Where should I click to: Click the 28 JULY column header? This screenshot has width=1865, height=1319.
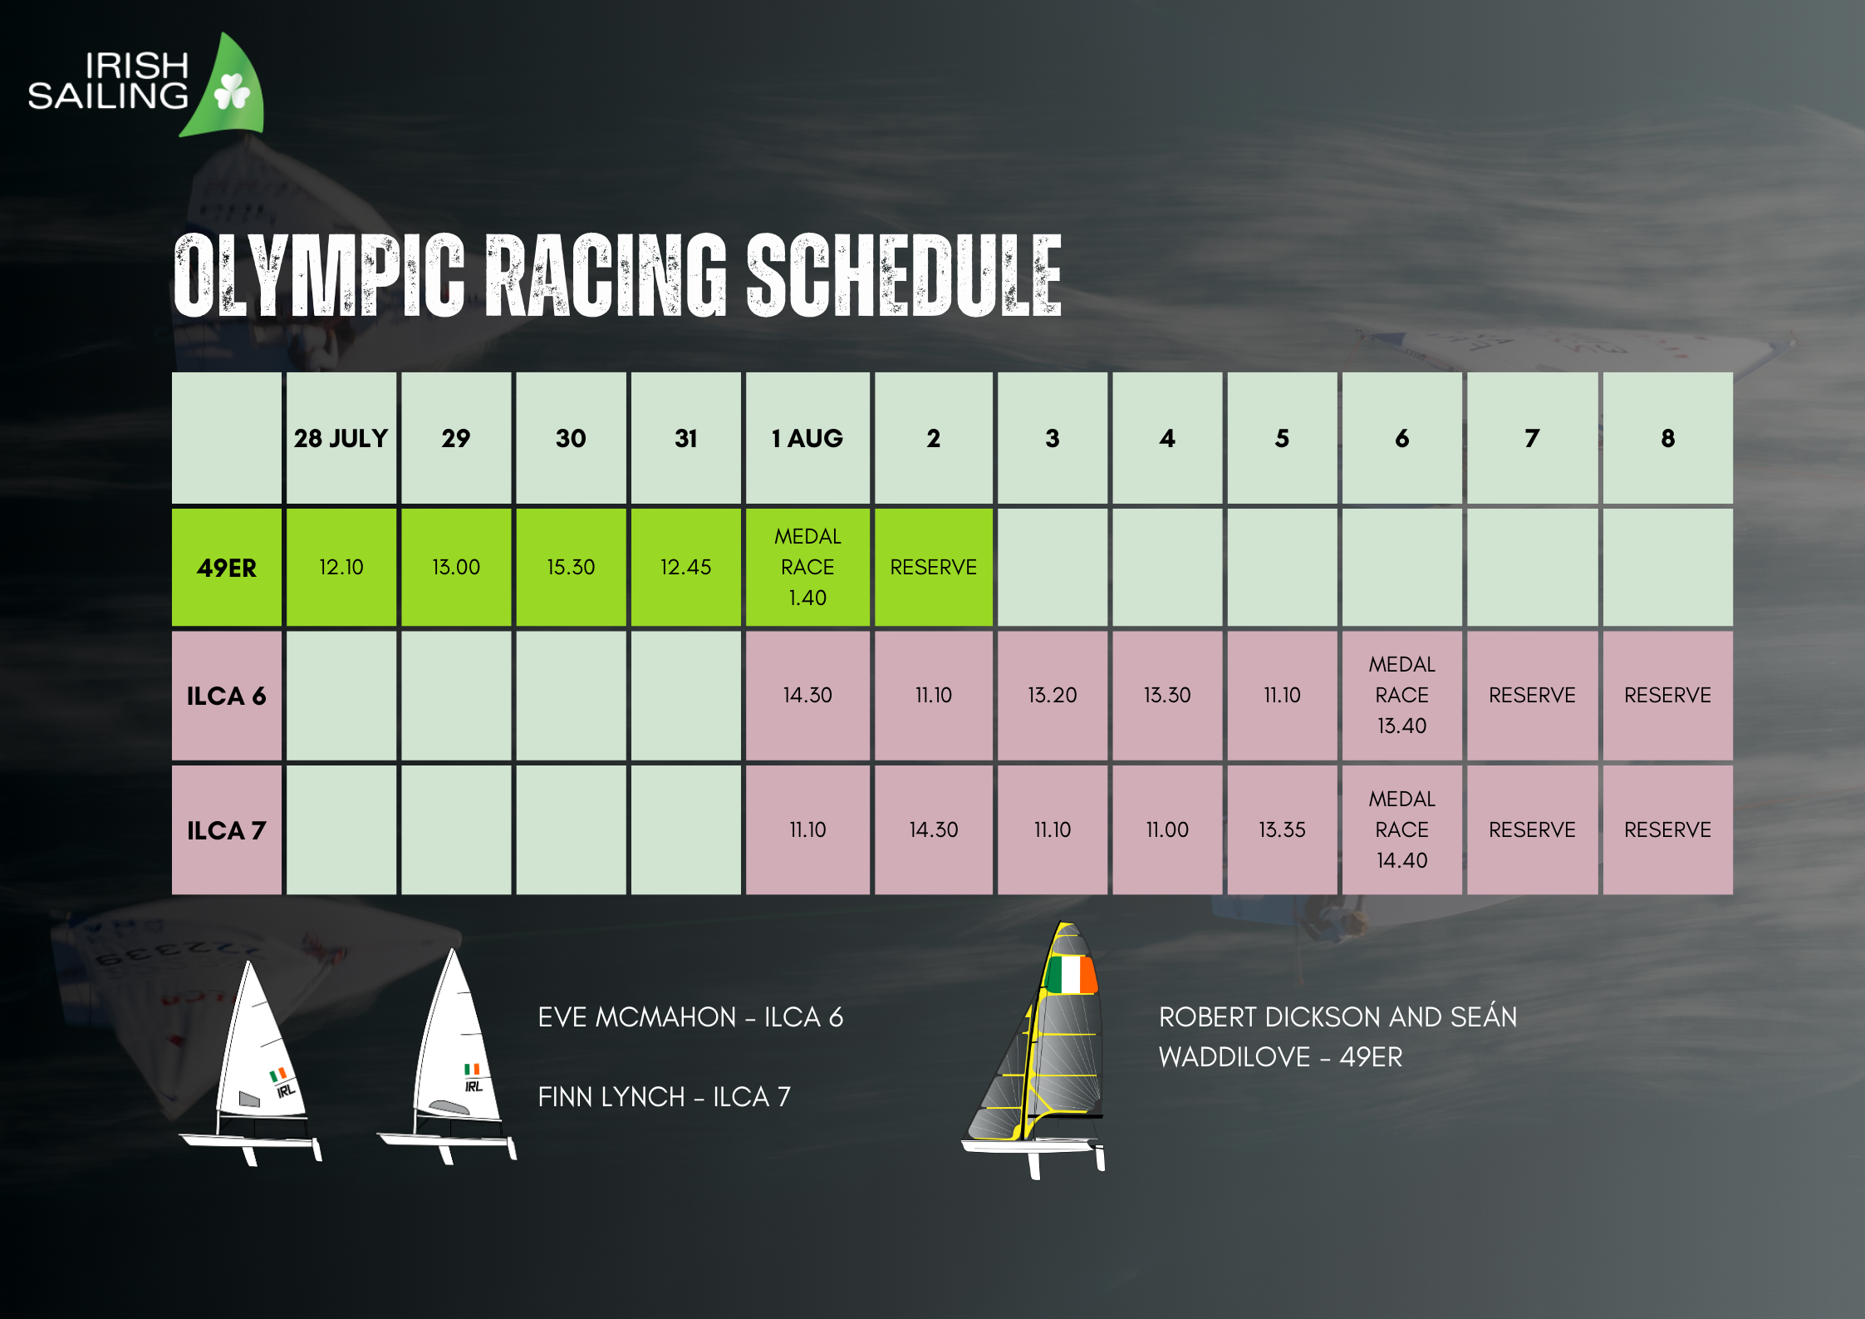[x=341, y=438]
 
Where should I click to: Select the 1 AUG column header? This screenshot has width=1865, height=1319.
[x=807, y=438]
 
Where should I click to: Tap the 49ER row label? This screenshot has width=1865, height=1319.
[x=226, y=567]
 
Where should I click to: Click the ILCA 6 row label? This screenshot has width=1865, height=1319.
[x=226, y=696]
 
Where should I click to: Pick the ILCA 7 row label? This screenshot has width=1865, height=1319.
[x=226, y=829]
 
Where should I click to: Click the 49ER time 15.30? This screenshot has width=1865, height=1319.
[x=571, y=567]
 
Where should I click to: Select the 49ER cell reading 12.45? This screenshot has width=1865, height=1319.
[x=685, y=567]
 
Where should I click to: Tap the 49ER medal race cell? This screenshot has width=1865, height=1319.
[x=807, y=567]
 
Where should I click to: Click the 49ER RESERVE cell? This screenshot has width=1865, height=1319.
[x=933, y=567]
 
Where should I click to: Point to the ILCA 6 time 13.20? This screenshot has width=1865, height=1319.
[x=1052, y=696]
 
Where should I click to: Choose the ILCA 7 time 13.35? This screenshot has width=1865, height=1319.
[x=1282, y=829]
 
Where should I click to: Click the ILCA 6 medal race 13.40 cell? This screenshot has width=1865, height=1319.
[x=1401, y=696]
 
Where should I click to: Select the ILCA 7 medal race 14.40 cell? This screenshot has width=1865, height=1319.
[x=1401, y=829]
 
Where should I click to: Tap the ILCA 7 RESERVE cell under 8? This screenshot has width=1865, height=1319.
[x=1667, y=829]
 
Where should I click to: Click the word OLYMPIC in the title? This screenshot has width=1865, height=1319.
[x=319, y=276]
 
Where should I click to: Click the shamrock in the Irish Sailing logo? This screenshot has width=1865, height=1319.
[x=232, y=91]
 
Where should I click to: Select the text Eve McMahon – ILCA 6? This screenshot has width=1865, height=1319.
[x=690, y=1016]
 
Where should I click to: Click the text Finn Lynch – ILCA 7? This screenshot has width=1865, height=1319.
[x=664, y=1096]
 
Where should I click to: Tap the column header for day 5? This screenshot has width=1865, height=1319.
[x=1282, y=438]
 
